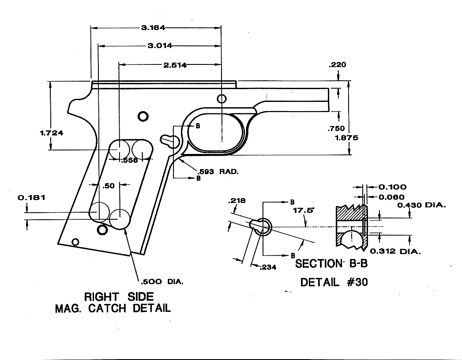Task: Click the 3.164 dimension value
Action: pos(153,28)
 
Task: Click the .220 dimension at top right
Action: pos(338,65)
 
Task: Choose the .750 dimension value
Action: pos(336,129)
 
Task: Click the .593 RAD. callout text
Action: pos(219,172)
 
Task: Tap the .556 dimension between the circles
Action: pos(129,160)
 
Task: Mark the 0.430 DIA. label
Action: pos(421,205)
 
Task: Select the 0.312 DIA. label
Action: pos(395,251)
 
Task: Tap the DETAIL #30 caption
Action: pos(334,282)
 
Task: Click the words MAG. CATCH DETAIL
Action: pos(113,308)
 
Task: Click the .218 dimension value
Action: pos(235,201)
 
